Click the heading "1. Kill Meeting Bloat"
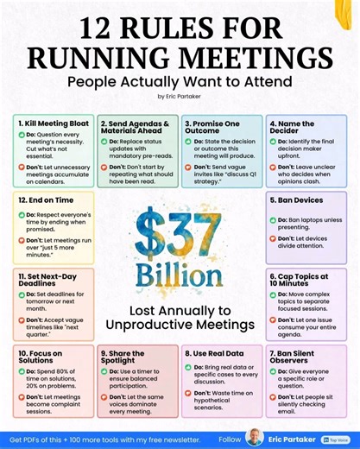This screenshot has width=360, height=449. [x=50, y=123]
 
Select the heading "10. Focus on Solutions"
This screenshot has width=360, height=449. [x=47, y=357]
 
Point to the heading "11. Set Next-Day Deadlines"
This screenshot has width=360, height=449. [x=46, y=281]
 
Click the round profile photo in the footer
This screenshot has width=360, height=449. [x=254, y=437]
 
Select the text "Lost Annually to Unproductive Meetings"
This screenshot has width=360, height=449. [x=180, y=317]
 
